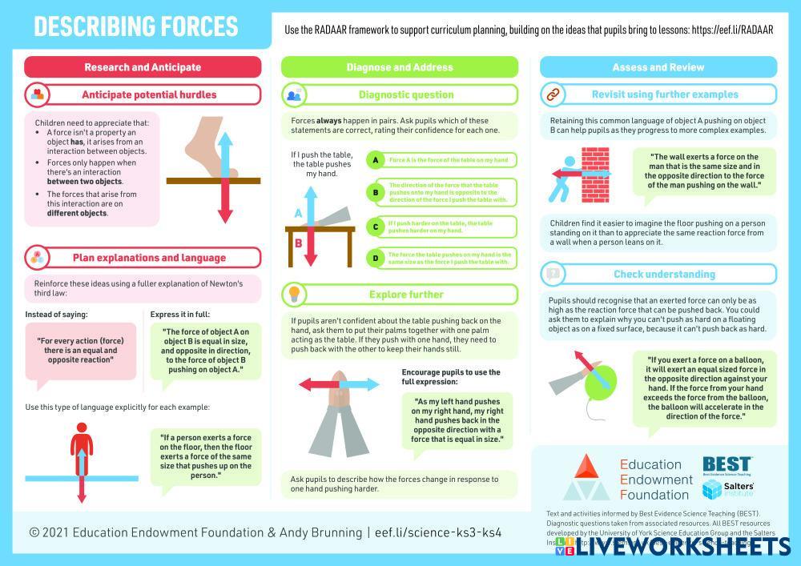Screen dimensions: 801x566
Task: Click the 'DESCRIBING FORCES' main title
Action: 136,26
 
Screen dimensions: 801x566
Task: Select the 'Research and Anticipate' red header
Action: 143,67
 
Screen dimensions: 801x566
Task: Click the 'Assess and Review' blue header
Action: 658,67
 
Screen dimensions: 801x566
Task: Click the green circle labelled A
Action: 374,160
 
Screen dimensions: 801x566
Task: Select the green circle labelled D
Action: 374,258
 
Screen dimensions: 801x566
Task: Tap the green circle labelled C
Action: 374,227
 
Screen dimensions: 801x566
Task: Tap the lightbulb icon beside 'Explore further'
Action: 294,294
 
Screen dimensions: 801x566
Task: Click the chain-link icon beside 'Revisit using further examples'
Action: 552,94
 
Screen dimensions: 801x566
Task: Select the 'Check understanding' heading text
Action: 664,274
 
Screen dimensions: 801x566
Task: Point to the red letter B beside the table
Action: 298,243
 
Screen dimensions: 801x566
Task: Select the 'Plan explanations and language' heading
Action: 149,258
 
